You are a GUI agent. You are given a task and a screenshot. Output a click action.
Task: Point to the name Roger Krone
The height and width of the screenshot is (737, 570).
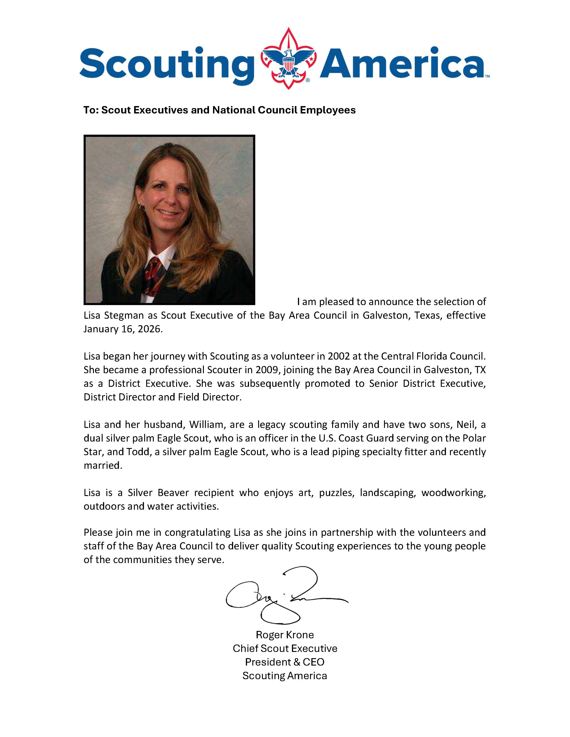click(x=285, y=635)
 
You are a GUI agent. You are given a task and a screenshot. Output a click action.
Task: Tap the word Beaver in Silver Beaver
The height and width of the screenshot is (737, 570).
click(x=173, y=493)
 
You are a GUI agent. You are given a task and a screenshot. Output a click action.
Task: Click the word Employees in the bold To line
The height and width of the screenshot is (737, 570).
click(x=327, y=110)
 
